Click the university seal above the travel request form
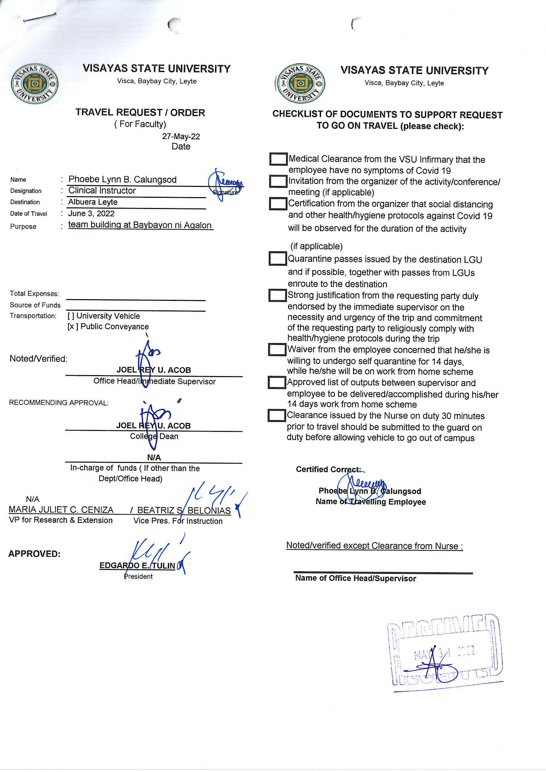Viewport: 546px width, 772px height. point(34,84)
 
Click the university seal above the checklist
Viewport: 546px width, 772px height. point(299,84)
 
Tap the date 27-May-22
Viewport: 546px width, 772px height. point(181,136)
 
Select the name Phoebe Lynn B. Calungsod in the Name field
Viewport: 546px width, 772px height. point(122,180)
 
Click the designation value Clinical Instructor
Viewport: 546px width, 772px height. point(102,191)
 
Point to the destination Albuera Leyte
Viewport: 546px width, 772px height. point(92,202)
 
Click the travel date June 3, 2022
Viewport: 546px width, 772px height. point(91,214)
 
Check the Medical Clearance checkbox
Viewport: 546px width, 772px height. point(278,159)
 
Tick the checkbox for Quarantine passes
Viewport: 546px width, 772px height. point(277,259)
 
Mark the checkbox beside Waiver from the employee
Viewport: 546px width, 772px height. point(277,349)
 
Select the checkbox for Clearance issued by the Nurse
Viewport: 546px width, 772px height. point(276,416)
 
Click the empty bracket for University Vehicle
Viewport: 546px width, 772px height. point(71,316)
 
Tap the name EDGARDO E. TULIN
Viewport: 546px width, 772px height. point(137,566)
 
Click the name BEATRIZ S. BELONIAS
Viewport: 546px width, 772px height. point(184,510)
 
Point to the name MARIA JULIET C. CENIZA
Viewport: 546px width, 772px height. point(61,510)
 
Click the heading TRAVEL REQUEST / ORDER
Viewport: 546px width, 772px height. point(140,112)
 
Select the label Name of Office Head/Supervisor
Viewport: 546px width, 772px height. point(355,578)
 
